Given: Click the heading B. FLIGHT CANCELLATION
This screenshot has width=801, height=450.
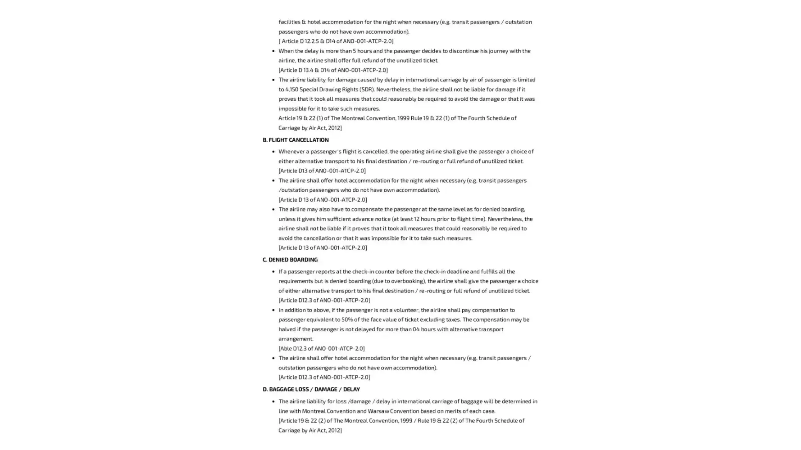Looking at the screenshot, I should click(296, 140).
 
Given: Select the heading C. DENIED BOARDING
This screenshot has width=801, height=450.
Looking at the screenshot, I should click(290, 260).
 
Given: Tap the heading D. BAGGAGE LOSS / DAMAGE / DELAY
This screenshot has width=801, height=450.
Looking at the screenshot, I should click(311, 389).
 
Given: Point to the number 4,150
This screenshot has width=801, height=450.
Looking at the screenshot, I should click(291, 89).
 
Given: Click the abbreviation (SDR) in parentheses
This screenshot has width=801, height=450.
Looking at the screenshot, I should click(367, 89).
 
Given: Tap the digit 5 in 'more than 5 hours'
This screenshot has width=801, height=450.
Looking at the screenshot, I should click(355, 51).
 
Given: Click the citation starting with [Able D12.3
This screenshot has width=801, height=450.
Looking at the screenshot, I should click(321, 348).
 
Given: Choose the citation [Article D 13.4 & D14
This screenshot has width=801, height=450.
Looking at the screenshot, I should click(333, 70).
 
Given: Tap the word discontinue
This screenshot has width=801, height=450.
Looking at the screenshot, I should click(463, 51).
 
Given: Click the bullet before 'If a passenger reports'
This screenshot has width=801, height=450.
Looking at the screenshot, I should click(273, 272).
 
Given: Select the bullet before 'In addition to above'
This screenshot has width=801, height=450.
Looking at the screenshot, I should click(273, 310).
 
